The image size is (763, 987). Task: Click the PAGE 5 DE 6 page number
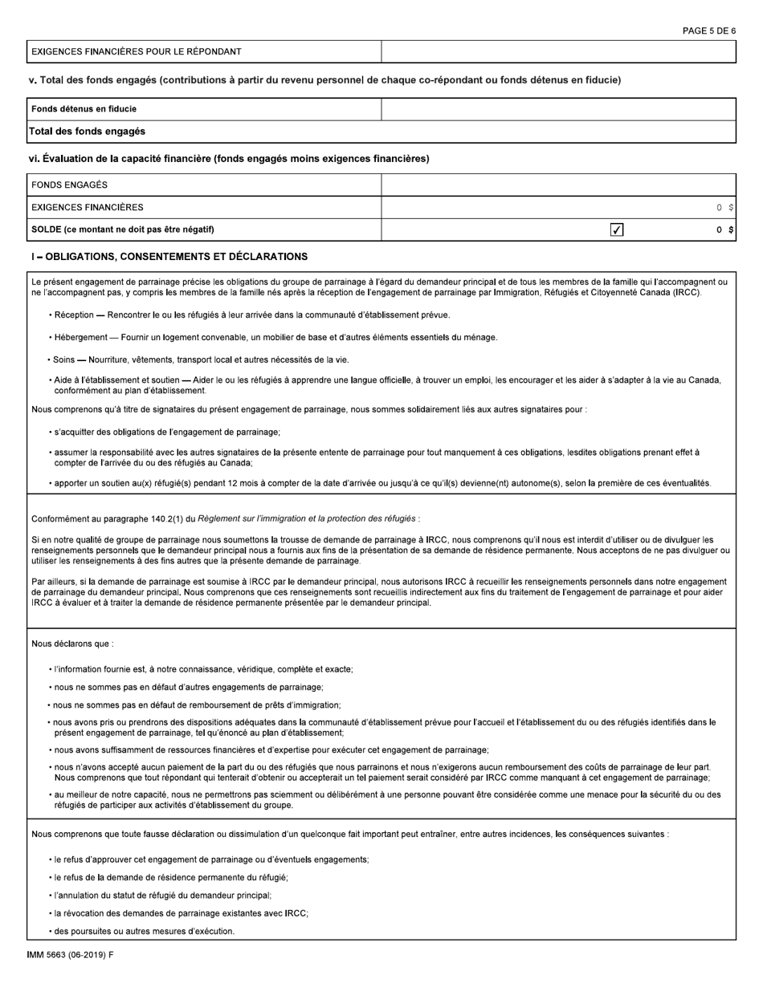tap(708, 30)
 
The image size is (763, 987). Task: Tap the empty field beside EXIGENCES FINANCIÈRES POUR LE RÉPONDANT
tap(558, 51)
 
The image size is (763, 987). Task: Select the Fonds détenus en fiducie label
tap(84, 109)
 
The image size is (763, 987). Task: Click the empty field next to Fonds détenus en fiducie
tap(558, 109)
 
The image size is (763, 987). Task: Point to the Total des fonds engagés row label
tap(88, 131)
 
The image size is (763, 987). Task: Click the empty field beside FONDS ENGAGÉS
tap(558, 185)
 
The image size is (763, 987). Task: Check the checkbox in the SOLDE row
tap(617, 230)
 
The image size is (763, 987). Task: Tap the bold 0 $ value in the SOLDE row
tap(725, 230)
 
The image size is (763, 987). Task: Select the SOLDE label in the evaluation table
tap(122, 229)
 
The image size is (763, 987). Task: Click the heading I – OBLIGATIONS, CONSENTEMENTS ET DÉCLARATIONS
tap(168, 257)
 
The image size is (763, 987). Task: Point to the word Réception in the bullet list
tap(74, 315)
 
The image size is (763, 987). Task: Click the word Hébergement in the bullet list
tap(81, 337)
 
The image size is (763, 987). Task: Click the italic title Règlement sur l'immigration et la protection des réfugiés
tap(306, 518)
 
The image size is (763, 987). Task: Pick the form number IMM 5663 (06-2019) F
tap(70, 955)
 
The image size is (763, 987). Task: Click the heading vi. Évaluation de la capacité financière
tap(229, 159)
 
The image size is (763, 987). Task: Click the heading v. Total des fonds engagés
tap(324, 79)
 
